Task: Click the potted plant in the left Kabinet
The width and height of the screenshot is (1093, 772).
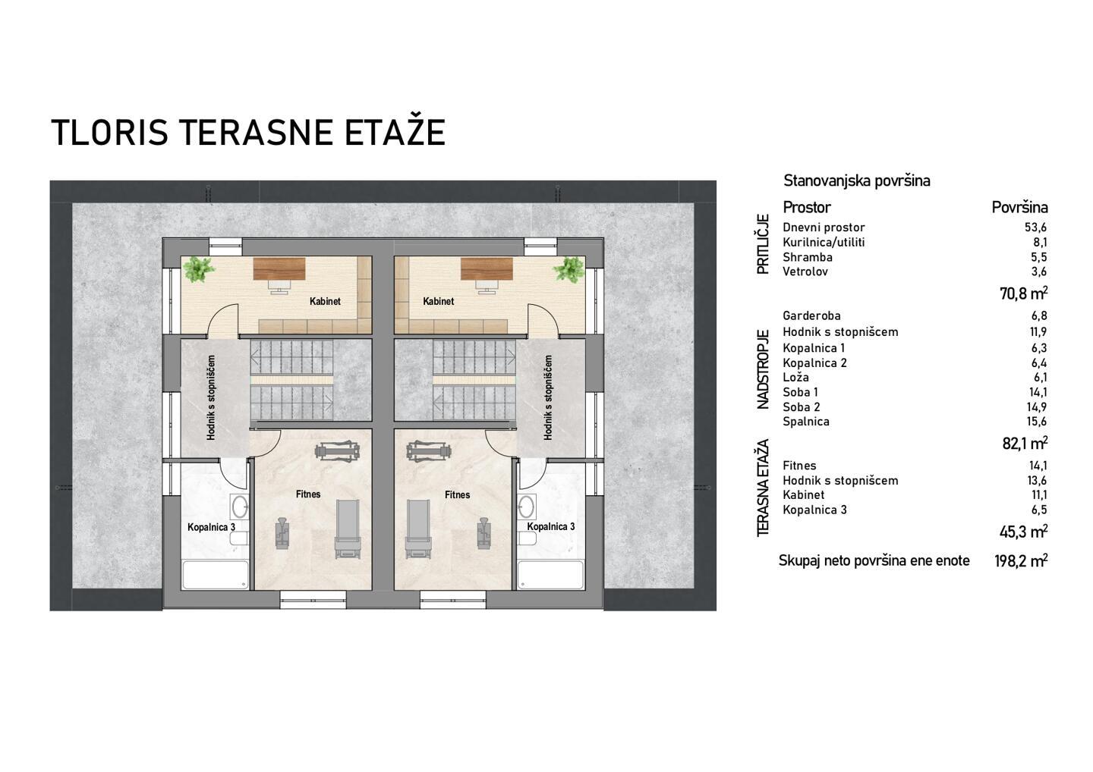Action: click(199, 269)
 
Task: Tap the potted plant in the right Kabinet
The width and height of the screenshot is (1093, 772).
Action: click(569, 269)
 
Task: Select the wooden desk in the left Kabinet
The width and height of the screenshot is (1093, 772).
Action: click(279, 268)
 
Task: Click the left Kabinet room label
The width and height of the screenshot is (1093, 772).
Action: click(325, 301)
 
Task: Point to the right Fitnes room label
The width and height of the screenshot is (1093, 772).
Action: click(457, 494)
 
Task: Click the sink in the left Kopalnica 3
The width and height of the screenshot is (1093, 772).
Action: click(240, 507)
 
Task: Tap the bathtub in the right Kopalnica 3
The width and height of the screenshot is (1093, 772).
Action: click(550, 575)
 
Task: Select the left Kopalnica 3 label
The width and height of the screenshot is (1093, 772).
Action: click(212, 527)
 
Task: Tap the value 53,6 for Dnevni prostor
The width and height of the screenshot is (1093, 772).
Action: click(1035, 228)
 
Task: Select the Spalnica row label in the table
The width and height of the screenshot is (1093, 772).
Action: click(805, 422)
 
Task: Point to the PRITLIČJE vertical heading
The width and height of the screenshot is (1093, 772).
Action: click(763, 244)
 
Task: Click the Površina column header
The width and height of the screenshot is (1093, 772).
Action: click(1019, 207)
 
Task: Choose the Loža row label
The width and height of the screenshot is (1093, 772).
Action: click(795, 377)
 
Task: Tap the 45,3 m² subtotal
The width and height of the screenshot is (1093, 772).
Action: click(1023, 532)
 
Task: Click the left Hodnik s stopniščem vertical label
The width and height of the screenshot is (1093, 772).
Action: click(211, 397)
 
